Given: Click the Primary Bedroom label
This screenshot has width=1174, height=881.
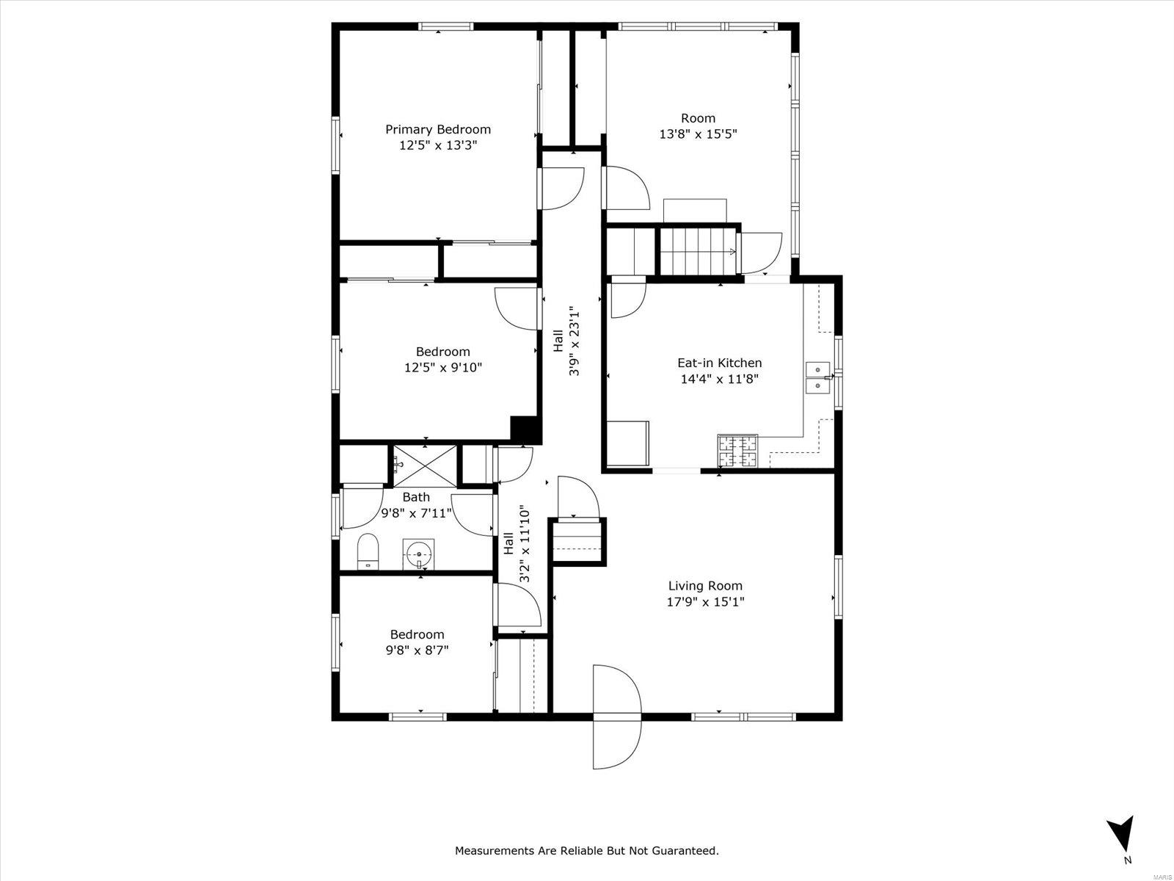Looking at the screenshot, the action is point(438,129).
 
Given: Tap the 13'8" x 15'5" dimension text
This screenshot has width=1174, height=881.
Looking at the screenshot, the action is point(698,134).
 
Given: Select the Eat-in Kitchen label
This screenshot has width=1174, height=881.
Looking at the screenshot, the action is point(719,363).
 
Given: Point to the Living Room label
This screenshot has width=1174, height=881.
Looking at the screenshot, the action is point(705,586).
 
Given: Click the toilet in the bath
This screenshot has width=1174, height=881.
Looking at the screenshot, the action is point(368,551).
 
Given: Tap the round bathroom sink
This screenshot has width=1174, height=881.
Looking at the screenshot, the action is point(419,554).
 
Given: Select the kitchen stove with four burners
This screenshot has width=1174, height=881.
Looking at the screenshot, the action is point(737,449).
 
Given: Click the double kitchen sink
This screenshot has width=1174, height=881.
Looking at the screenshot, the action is point(818,377).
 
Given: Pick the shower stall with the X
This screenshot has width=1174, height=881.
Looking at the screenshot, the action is point(425,466).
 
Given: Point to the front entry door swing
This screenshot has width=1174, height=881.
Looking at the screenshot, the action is point(616,717).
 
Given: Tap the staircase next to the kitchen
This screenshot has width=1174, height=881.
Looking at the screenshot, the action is point(698,251).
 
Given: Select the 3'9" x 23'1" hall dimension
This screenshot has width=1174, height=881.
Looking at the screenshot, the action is point(574,341).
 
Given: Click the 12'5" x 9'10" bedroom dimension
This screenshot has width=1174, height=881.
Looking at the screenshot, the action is point(443,368).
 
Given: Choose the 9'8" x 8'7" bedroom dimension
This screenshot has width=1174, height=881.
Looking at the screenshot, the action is point(417,650).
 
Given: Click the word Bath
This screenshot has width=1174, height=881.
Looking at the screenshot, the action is point(416,497).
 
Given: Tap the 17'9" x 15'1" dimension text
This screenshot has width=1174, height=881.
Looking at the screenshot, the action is point(705,602).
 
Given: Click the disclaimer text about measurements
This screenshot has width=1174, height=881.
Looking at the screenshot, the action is point(587,850).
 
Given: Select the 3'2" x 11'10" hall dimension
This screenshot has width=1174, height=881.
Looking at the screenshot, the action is point(525,544).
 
